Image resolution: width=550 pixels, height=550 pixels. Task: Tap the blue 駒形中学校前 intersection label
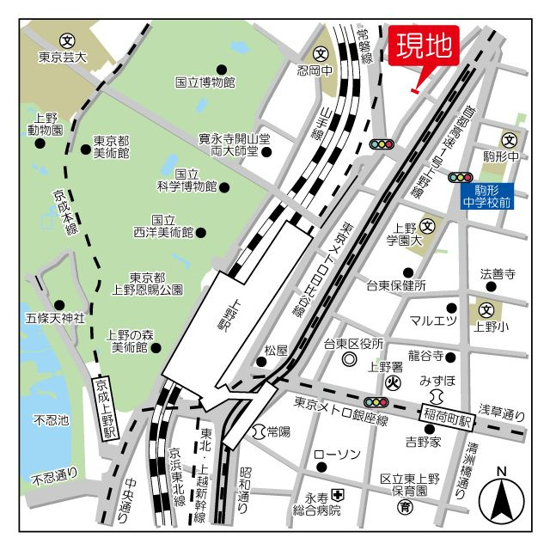[486, 196]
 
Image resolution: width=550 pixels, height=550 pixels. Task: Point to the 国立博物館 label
[205, 82]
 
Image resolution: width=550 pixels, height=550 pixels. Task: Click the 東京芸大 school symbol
[66, 40]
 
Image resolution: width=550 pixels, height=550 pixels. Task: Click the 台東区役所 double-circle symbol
[348, 360]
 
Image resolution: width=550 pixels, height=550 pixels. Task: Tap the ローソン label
[336, 454]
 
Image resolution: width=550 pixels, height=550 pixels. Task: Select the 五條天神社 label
[56, 318]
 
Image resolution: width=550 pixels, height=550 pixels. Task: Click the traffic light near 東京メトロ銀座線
[376, 401]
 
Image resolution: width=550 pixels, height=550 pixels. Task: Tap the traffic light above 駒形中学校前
[460, 177]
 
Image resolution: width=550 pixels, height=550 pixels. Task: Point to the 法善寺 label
[498, 275]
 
